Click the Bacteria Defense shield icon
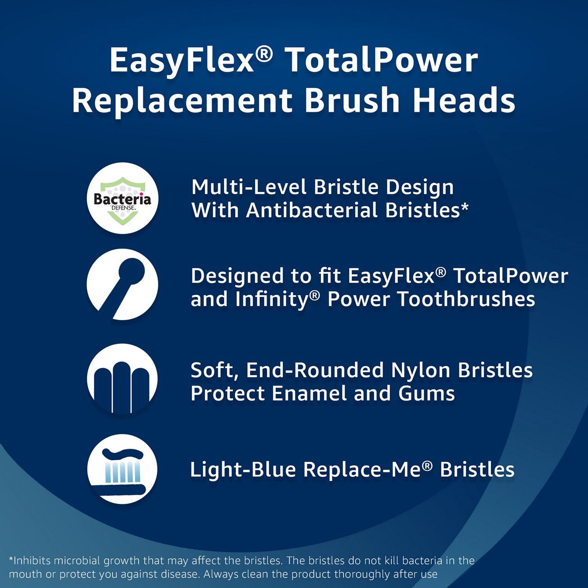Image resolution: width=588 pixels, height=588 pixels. (x=122, y=199)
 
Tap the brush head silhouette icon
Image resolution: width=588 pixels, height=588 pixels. (x=122, y=285)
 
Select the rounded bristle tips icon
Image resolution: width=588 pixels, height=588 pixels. (x=122, y=379)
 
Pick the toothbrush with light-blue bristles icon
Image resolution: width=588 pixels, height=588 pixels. (x=122, y=469)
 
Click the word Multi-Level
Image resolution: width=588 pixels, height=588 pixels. (x=249, y=187)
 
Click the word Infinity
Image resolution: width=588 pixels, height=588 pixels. (x=274, y=299)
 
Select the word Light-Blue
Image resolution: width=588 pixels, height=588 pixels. (x=243, y=470)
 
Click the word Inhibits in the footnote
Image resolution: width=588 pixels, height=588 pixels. (x=33, y=561)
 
